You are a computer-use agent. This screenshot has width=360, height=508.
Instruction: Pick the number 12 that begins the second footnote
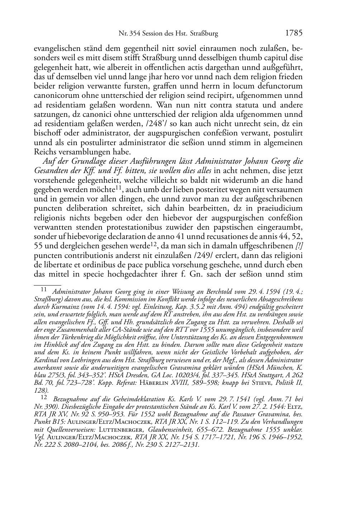(44, 398)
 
